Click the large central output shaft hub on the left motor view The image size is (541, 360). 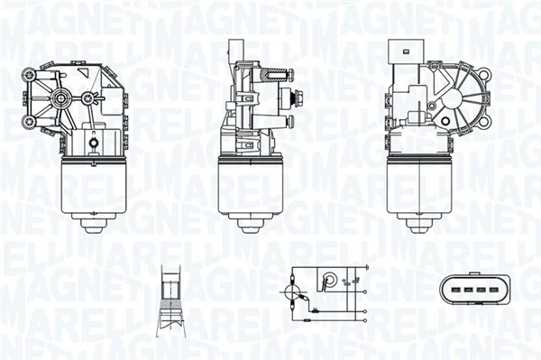coord(62,96)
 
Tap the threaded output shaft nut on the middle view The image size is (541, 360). coord(289,98)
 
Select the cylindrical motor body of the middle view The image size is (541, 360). coord(251,185)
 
